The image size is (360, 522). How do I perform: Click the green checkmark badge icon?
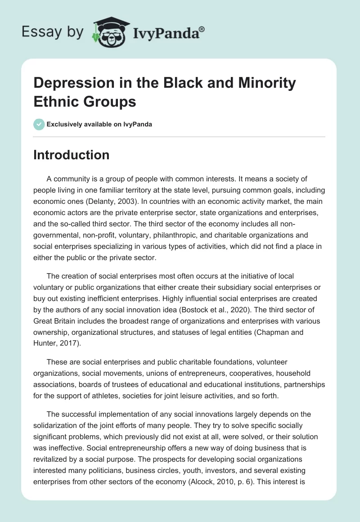pos(39,124)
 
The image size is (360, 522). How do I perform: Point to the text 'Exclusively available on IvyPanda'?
pos(99,125)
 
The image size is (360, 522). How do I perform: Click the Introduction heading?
pos(71,155)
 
